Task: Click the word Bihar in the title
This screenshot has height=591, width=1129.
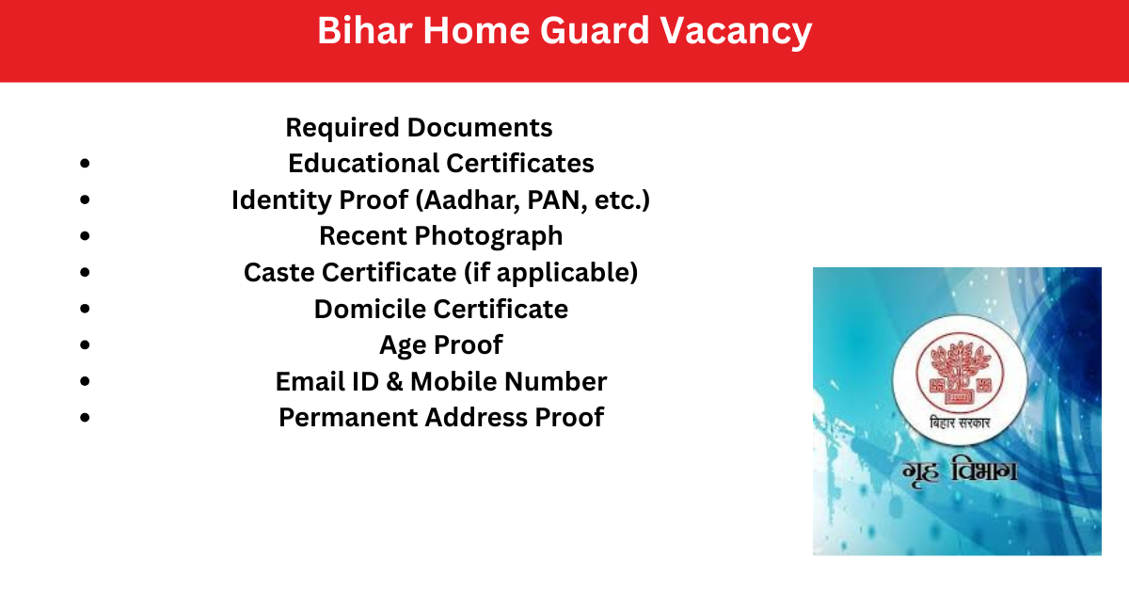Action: pos(365,30)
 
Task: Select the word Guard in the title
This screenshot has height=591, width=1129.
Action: pos(595,30)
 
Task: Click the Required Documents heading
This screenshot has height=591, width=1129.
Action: pos(419,128)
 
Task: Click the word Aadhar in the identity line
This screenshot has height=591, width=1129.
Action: pos(470,200)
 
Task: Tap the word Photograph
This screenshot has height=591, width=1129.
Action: pos(488,236)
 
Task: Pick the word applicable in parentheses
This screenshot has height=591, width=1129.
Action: pos(564,273)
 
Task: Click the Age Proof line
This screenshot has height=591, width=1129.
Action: pos(441,345)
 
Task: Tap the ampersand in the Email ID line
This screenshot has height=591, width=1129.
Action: pos(394,381)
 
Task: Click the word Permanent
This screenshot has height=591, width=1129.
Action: pos(348,418)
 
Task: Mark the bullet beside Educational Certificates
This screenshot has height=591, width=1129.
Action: pos(85,164)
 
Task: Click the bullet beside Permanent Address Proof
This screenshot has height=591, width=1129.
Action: pos(85,418)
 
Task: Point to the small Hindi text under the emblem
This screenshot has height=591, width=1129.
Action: pos(960,423)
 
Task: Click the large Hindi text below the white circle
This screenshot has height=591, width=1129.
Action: pos(959,471)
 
